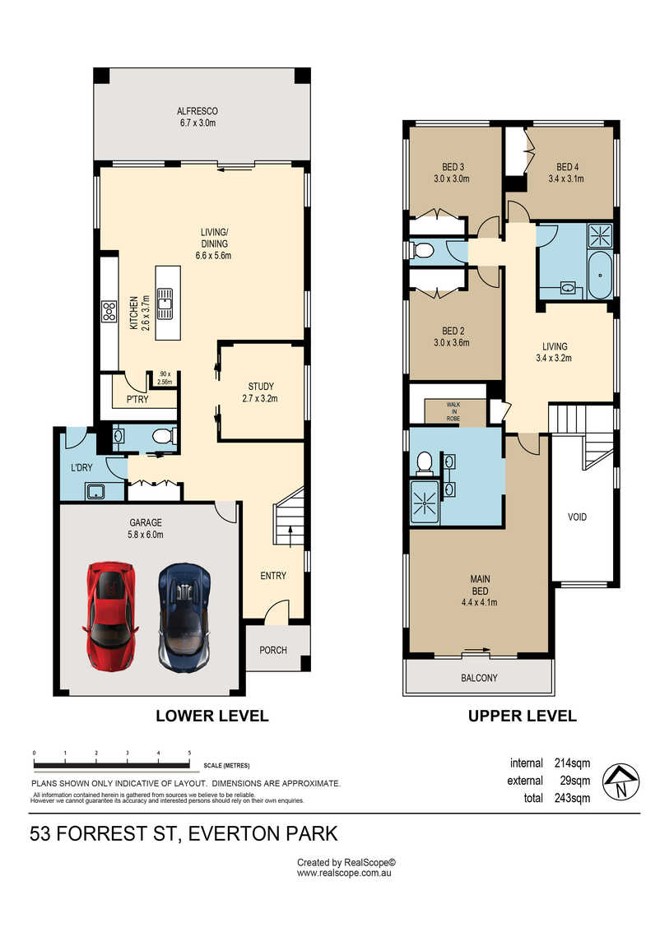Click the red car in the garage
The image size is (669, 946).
tap(110, 616)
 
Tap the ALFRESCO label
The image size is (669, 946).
tap(197, 111)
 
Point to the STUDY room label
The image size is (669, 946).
tap(261, 386)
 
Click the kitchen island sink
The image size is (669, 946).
tap(165, 303)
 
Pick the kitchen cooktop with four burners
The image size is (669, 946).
tap(109, 312)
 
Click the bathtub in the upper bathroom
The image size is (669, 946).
tap(600, 276)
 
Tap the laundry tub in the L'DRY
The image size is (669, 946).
tap(95, 491)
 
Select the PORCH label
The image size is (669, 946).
tap(273, 650)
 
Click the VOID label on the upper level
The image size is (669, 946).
tap(578, 517)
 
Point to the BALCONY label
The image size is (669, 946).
tap(479, 678)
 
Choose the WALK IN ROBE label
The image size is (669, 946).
tap(453, 411)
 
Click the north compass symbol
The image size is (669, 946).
tap(622, 782)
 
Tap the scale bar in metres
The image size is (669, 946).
tap(112, 764)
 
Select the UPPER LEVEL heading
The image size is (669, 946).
tap(523, 716)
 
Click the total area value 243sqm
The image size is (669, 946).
tap(573, 798)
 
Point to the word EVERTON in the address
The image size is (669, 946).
tap(234, 834)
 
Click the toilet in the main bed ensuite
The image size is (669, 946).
tap(425, 462)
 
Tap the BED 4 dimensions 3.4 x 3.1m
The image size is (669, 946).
tap(566, 179)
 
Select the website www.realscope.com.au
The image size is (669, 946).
tap(345, 873)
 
